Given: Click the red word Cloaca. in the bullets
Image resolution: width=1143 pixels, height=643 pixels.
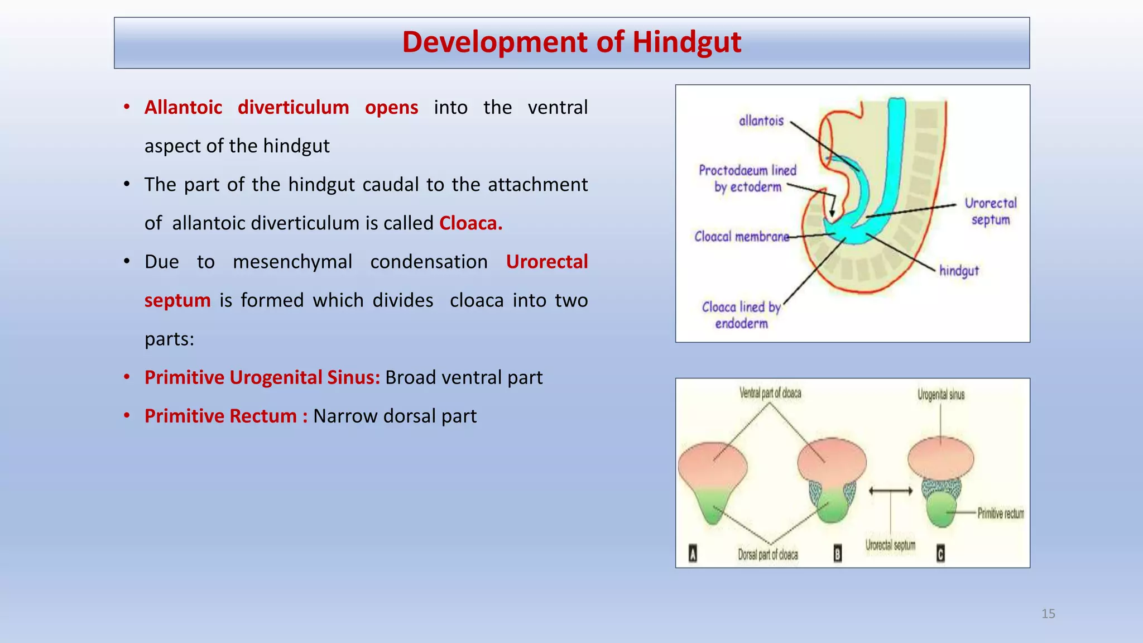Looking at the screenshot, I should pos(470,223).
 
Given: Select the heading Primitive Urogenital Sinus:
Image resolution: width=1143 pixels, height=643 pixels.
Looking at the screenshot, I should pos(262,378).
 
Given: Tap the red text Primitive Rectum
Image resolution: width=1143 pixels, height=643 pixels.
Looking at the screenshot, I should pos(220,416).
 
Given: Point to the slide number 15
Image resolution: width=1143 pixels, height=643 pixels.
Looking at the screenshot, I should pos(1048,614).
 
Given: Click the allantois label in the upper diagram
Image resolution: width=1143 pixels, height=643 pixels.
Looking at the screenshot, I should pos(761,121).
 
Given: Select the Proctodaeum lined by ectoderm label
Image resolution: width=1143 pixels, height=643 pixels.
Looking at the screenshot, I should pos(747,179).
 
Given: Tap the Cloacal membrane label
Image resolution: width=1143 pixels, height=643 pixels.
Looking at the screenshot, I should pos(741,237).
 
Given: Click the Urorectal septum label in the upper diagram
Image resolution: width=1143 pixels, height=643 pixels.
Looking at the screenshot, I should pos(991,212).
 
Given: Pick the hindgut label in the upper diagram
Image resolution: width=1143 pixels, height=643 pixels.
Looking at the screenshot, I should pos(959,271).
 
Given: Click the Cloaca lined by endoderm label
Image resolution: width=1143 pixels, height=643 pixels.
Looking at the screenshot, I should pos(741,315).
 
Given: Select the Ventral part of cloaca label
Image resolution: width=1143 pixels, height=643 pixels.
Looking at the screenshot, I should pos(770,394).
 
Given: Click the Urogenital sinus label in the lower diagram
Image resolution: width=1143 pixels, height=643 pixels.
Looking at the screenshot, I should pos(941,395).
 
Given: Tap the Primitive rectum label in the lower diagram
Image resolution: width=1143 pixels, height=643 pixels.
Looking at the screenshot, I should pos(1000,514).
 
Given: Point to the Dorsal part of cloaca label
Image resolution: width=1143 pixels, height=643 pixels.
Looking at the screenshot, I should pos(768,555).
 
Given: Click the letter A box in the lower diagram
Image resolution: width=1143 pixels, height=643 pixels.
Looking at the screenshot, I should pos(693,554).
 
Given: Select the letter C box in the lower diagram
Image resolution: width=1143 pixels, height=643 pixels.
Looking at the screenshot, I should pos(940,554).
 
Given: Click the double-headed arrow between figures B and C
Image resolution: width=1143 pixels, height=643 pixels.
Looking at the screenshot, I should pos(891,491).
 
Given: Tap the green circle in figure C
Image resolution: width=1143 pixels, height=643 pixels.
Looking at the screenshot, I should pos(942,509).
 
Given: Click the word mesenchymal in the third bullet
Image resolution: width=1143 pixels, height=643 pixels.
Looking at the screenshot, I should pos(292,262).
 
